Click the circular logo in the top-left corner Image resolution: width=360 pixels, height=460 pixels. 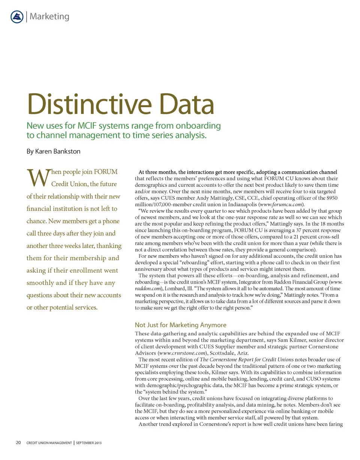(17, 17)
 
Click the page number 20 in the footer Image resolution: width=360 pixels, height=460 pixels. (18, 443)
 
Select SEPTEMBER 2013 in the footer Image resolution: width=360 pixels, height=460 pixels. (89, 443)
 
